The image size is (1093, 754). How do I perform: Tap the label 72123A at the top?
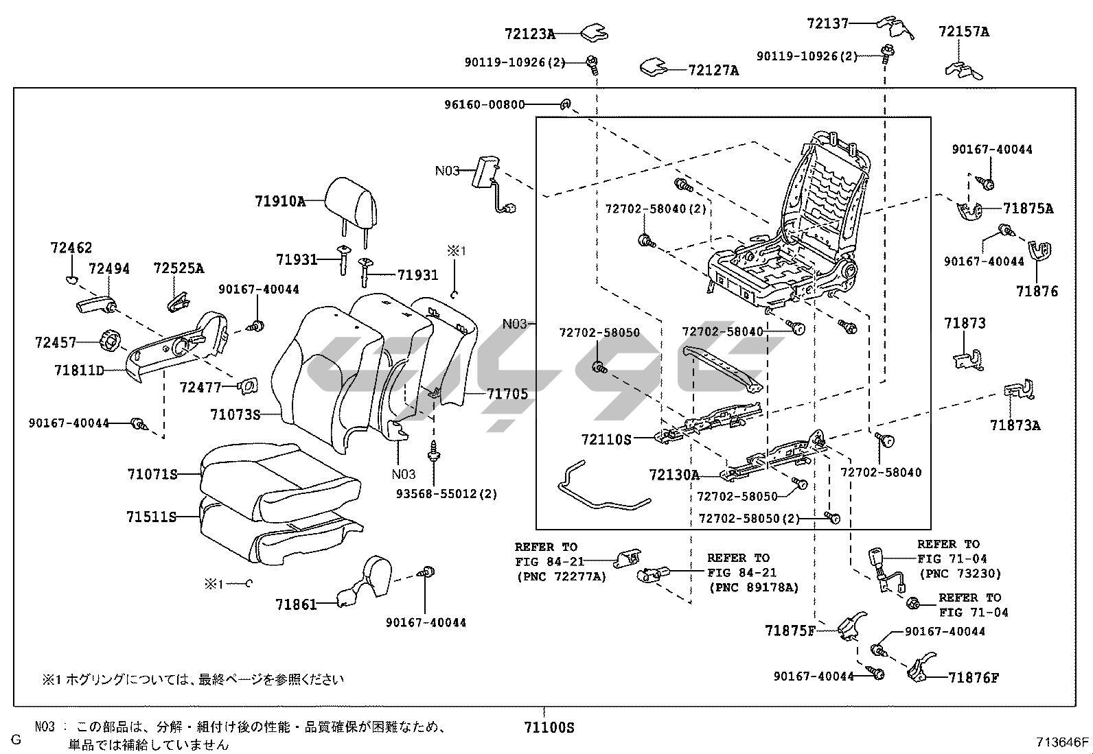(x=529, y=33)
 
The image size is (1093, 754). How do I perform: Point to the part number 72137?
(x=827, y=23)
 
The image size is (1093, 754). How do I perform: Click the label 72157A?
(x=964, y=32)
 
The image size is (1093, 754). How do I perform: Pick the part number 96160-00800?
(x=484, y=105)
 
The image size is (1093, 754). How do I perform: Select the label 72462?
(x=71, y=248)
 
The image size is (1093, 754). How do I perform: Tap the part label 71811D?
(x=79, y=371)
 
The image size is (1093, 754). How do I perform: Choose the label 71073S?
(x=235, y=414)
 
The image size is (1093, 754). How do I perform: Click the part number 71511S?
(x=151, y=517)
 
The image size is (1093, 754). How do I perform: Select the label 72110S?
(x=606, y=439)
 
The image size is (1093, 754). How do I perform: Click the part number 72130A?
(x=674, y=475)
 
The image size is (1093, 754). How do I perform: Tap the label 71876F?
(x=974, y=679)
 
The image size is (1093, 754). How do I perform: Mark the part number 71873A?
(x=1015, y=425)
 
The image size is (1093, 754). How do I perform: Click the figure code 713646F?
(x=1063, y=742)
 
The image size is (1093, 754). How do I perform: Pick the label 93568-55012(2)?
(x=446, y=493)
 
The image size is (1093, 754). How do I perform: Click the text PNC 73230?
(x=959, y=574)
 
